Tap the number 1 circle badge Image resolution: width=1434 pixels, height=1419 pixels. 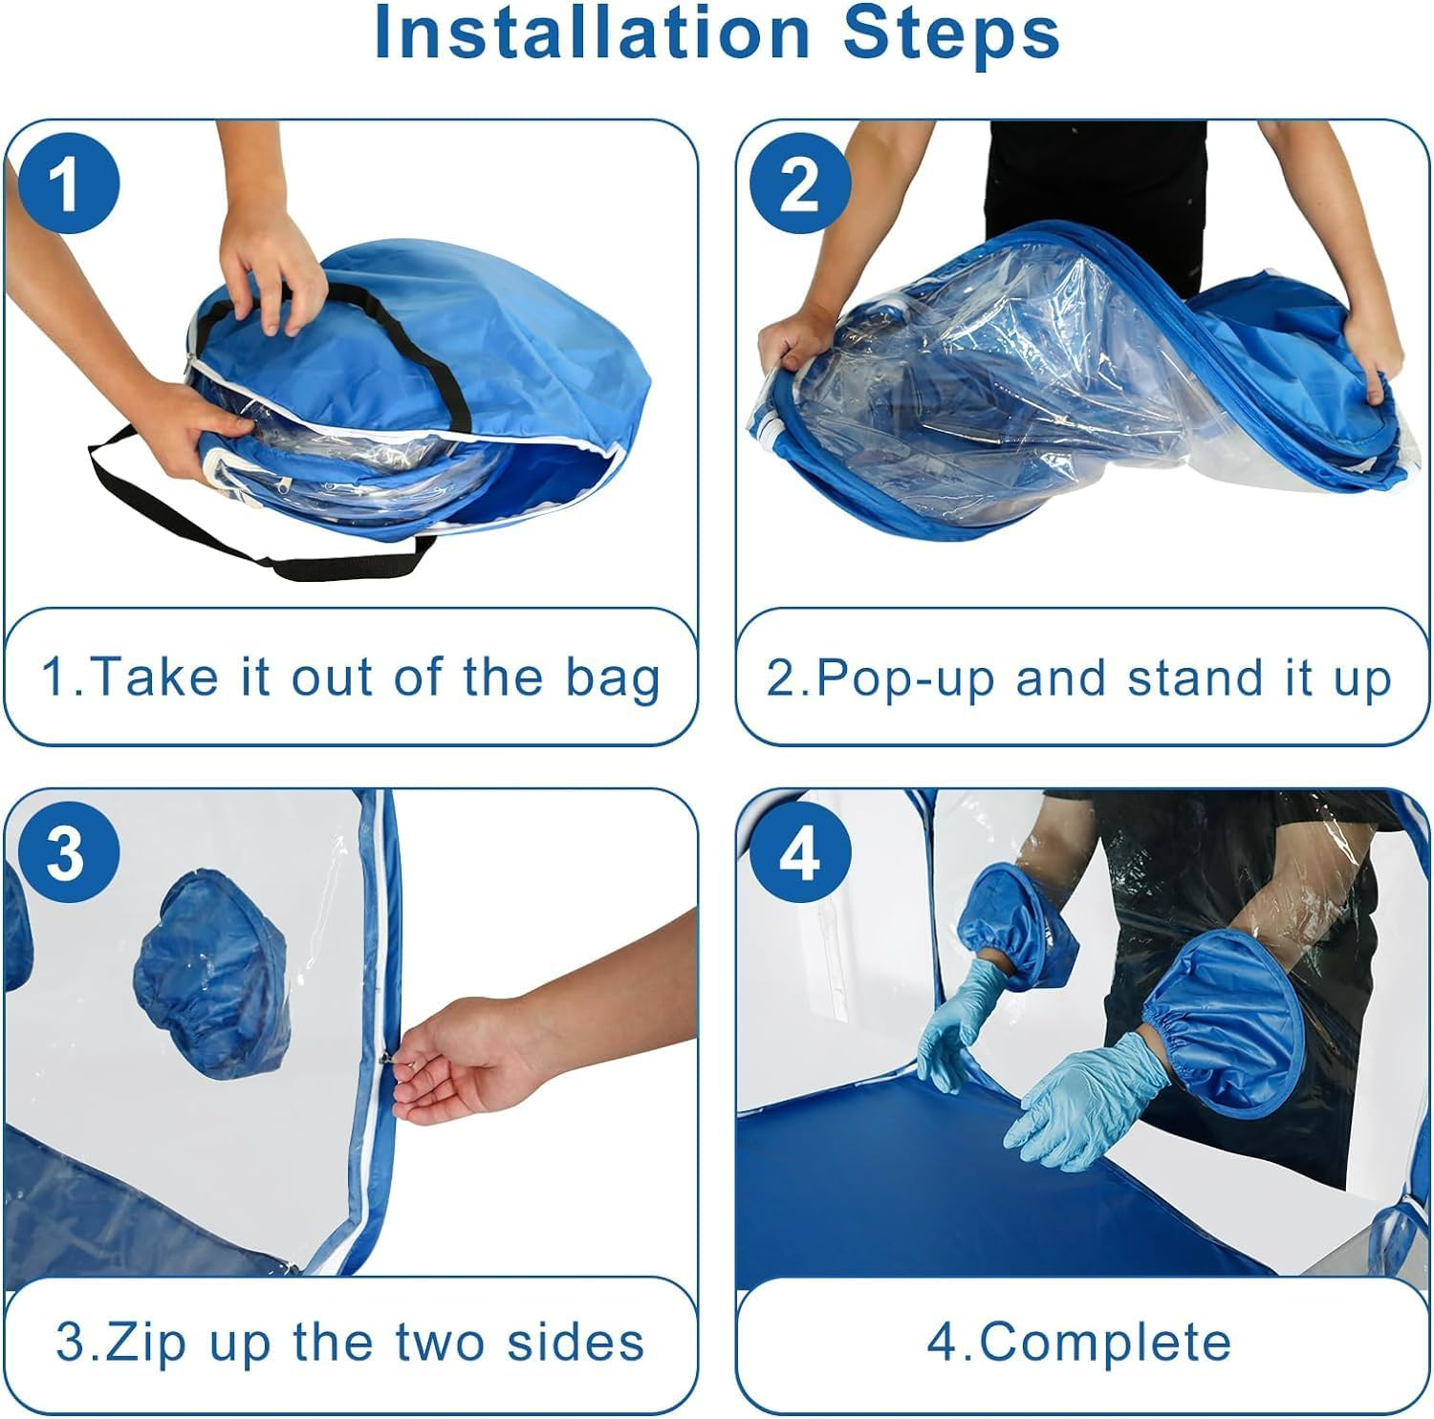(x=65, y=183)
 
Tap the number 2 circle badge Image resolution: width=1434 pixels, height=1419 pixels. (x=799, y=183)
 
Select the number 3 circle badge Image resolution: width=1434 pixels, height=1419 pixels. (x=65, y=851)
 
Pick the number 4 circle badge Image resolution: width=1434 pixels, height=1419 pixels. (x=799, y=851)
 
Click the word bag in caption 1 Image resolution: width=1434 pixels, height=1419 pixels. (x=612, y=677)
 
